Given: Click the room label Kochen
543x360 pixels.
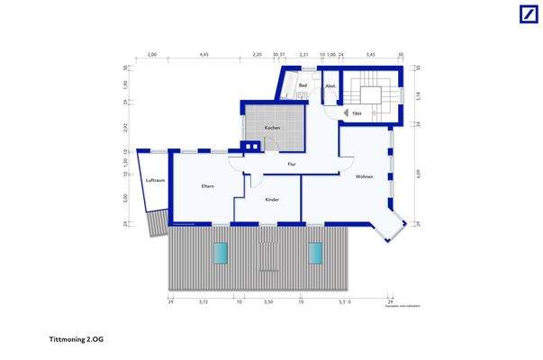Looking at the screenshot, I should [x=271, y=128].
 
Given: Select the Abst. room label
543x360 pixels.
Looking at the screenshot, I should [x=330, y=85].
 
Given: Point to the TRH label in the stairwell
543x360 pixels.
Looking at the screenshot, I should [x=357, y=113].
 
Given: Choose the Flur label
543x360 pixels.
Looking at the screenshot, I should [x=292, y=164].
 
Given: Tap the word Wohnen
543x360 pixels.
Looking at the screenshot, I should [x=364, y=175].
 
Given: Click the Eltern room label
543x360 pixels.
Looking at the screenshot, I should [x=207, y=185].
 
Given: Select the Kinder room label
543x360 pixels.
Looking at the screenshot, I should [x=271, y=199].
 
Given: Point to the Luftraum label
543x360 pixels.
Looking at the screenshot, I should [x=155, y=181].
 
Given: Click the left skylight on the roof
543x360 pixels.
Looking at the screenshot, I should [x=220, y=254].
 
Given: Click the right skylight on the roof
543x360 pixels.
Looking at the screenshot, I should [x=315, y=254].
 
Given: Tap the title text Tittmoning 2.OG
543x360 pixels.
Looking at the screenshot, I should [x=76, y=339].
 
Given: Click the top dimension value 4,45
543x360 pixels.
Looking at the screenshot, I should [x=204, y=55].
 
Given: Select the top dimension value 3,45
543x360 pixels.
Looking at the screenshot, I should [x=370, y=55].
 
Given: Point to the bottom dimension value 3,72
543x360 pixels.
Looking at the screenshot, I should [x=204, y=302].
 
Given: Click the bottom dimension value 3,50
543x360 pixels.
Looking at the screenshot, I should [x=267, y=302].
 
